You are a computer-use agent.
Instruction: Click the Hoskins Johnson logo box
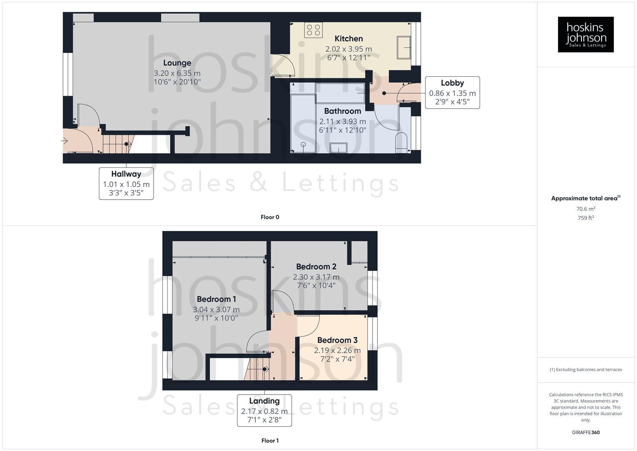point(585,34)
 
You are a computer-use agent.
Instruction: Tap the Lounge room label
point(177,63)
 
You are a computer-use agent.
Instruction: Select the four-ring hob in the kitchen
point(313,30)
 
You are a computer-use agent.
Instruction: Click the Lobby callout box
point(452,92)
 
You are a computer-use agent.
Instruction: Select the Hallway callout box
point(126,183)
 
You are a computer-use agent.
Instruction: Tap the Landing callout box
point(264,410)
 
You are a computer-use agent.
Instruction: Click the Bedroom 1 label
point(216,299)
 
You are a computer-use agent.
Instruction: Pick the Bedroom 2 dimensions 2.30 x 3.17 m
point(316,277)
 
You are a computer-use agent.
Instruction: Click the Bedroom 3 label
point(337,340)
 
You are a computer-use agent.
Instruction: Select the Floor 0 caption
point(270,217)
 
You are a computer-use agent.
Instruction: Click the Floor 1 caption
point(270,441)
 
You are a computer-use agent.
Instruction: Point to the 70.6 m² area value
point(586,209)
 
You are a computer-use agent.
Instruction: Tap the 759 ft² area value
point(586,218)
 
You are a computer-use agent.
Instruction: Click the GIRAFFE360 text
point(586,433)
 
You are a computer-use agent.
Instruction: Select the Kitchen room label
point(349,39)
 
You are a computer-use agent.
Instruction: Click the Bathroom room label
point(342,111)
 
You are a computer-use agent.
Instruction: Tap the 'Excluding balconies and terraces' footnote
point(586,370)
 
